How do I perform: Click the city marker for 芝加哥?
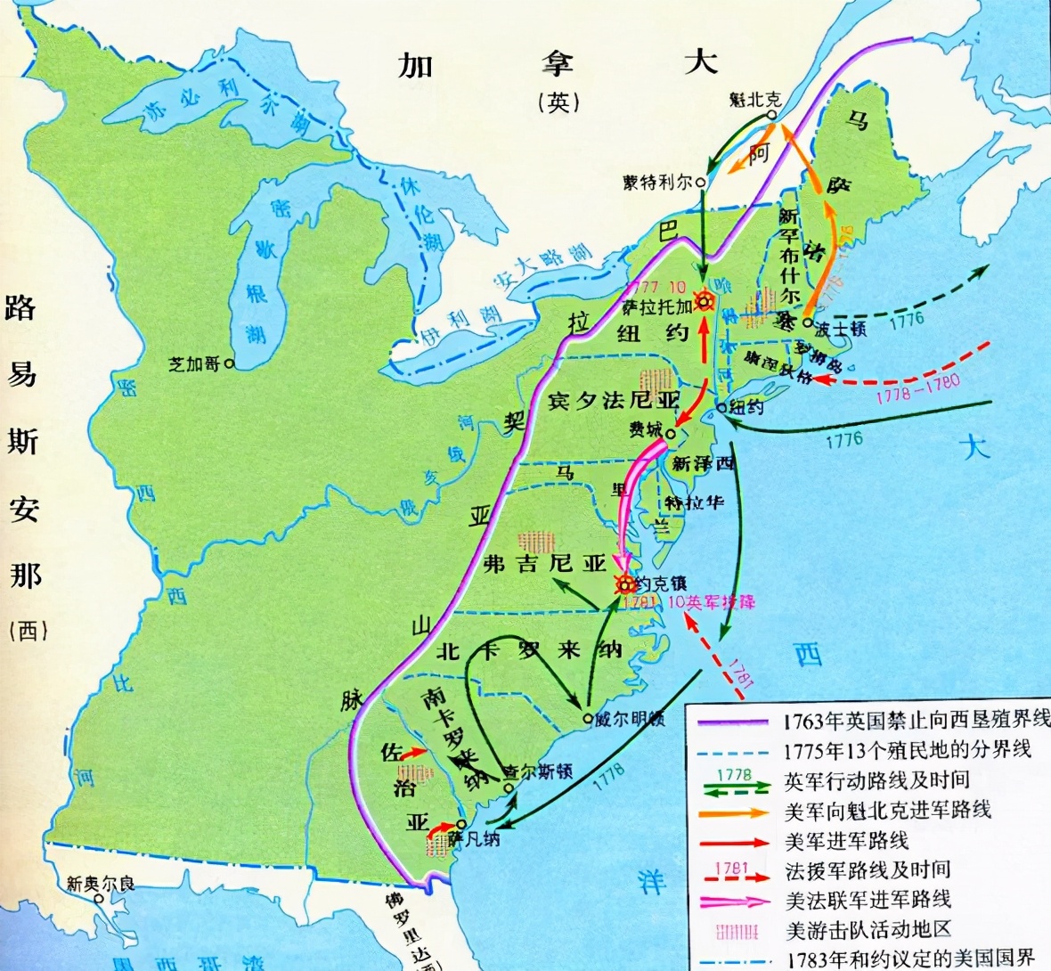coord(230,363)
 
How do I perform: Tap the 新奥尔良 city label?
coord(102,884)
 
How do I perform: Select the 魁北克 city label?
coord(754,99)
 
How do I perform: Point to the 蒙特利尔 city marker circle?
coord(701,182)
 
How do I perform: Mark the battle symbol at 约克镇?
coord(625,584)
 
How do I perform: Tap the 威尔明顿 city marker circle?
coord(587,719)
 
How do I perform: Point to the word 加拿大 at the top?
coord(558,64)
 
